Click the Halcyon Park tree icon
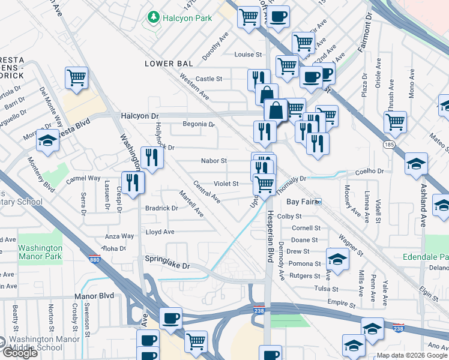click(x=154, y=18)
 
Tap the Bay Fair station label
click(x=301, y=202)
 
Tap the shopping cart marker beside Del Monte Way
click(x=77, y=77)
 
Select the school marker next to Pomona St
click(x=337, y=259)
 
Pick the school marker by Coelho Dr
click(x=416, y=164)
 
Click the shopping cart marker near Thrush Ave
click(x=395, y=121)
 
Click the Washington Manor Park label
click(x=40, y=252)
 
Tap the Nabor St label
click(x=214, y=161)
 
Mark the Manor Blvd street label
click(x=94, y=296)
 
